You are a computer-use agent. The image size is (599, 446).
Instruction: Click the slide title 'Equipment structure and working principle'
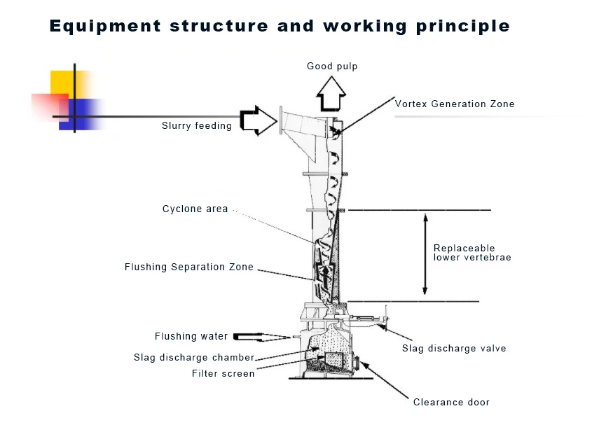click(x=280, y=27)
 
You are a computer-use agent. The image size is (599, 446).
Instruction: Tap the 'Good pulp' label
click(x=332, y=67)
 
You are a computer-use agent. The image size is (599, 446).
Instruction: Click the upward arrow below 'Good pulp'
click(x=331, y=95)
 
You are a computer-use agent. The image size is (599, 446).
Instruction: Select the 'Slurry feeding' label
click(x=196, y=126)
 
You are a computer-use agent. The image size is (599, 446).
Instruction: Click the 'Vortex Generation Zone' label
click(x=454, y=104)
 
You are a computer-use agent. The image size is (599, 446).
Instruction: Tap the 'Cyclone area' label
click(x=195, y=209)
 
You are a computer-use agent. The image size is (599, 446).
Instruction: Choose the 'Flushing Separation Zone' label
click(x=188, y=267)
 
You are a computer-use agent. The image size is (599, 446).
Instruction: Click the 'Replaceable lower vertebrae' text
click(x=471, y=253)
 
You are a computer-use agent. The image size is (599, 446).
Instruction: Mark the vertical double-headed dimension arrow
click(x=425, y=253)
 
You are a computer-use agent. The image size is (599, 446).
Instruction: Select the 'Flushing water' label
click(x=191, y=337)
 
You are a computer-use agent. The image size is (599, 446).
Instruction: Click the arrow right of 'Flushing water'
click(x=263, y=337)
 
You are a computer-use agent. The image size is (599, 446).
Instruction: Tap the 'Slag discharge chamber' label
click(x=193, y=358)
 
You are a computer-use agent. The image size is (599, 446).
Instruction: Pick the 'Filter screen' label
click(x=223, y=374)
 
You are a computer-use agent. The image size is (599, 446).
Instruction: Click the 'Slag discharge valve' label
click(x=453, y=349)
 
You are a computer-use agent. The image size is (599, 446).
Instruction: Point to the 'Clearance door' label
click(x=451, y=403)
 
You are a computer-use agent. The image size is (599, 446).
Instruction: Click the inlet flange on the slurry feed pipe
click(x=281, y=120)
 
